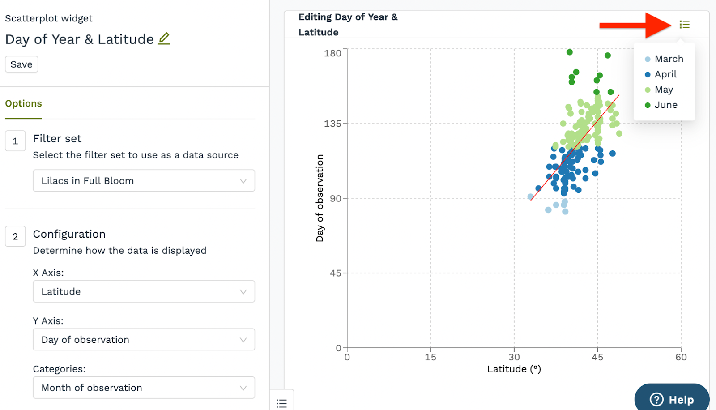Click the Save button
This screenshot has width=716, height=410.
click(x=21, y=64)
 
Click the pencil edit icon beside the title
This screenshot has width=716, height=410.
click(x=164, y=39)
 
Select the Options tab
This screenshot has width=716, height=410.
click(x=23, y=104)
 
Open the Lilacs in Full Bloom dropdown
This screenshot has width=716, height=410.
click(x=144, y=181)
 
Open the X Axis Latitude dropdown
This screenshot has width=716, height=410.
click(x=144, y=291)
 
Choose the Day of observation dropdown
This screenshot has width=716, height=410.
click(x=144, y=340)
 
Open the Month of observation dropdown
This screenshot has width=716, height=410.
click(x=144, y=388)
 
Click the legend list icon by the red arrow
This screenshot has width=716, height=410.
click(x=684, y=25)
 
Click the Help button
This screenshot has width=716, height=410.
click(x=672, y=399)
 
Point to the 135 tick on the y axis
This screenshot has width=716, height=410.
click(x=332, y=124)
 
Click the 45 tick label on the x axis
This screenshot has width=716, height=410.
click(x=597, y=357)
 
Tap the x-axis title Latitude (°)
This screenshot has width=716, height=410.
click(x=514, y=369)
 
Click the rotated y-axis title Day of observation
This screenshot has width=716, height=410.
click(x=320, y=198)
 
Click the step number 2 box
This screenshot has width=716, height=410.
click(x=15, y=236)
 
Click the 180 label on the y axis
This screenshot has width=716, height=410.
click(x=332, y=53)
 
